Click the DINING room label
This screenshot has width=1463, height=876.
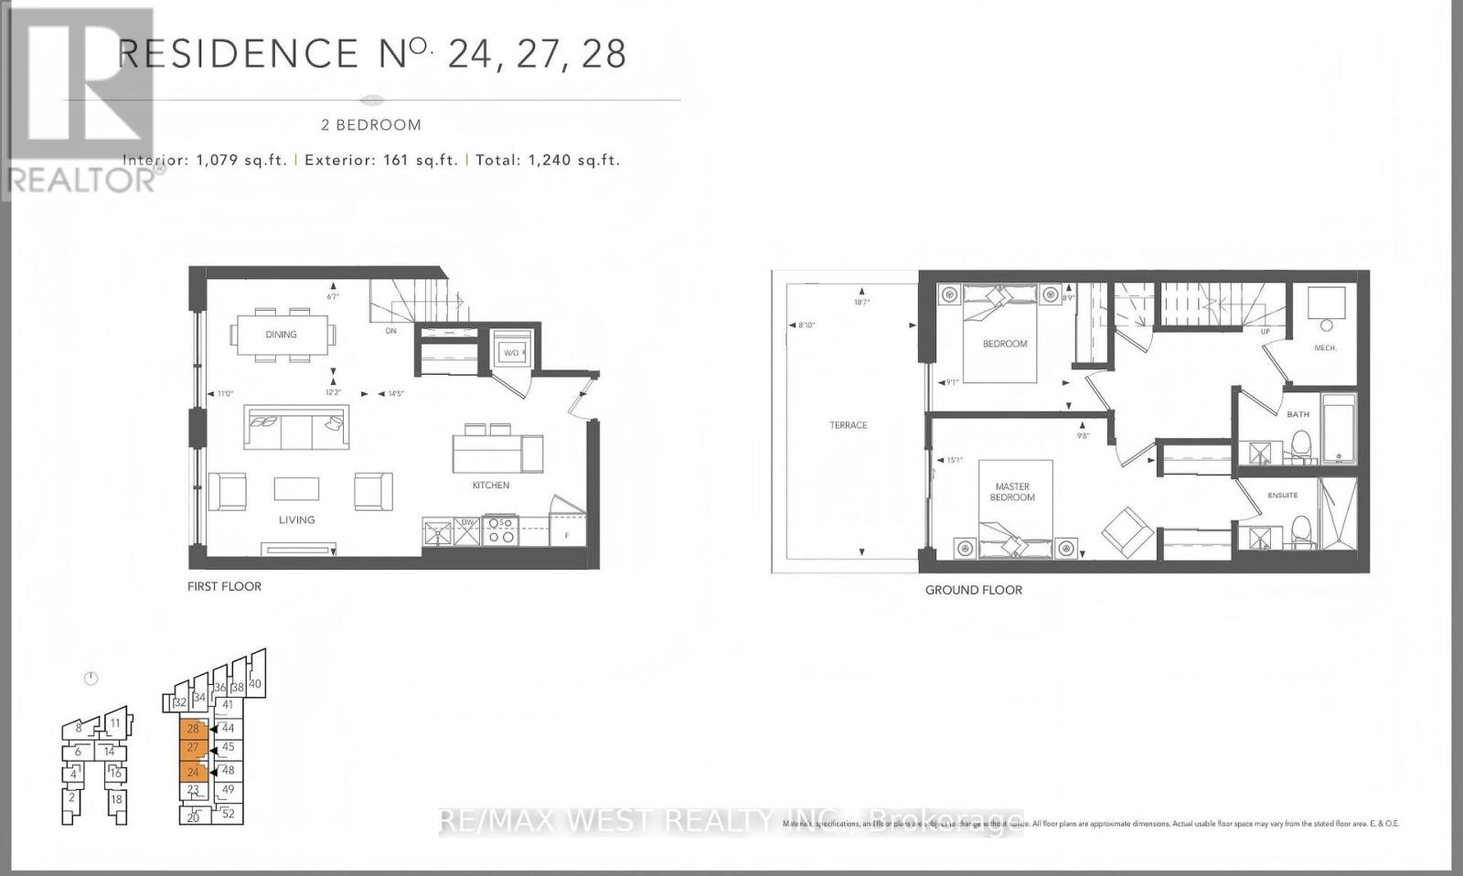(281, 335)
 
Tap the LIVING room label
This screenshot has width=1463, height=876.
(296, 519)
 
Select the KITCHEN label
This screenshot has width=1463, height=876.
(491, 486)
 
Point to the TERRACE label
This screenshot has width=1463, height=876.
(849, 425)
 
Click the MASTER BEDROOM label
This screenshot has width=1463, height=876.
(1012, 492)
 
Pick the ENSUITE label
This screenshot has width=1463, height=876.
(1283, 496)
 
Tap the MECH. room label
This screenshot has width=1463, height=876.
(1325, 348)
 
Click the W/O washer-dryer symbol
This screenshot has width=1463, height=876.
(509, 352)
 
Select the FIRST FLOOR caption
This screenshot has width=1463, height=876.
(224, 586)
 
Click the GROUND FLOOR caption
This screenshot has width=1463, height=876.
(974, 590)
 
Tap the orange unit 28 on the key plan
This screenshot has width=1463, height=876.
(193, 729)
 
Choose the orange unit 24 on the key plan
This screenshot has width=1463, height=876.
(193, 772)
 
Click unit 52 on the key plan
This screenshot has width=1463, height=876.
(229, 813)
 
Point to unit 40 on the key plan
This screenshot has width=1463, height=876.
(255, 684)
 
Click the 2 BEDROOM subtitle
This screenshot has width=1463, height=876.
(371, 125)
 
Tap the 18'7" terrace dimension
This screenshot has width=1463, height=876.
(861, 302)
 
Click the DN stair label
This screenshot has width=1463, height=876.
(390, 331)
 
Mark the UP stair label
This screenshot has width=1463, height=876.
(1265, 332)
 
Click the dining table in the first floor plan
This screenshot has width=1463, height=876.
(282, 335)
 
